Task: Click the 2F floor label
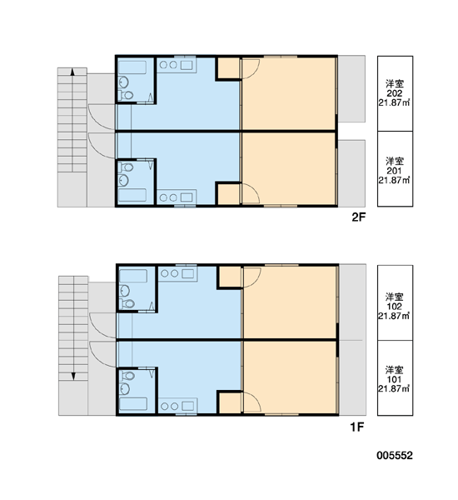point(358,217)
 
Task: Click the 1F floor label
point(357,427)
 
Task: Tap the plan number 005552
point(395,455)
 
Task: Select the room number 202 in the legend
point(395,93)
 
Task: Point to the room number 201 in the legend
point(395,171)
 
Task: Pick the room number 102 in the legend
point(395,307)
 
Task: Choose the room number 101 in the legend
point(395,379)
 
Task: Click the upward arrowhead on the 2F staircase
point(72,72)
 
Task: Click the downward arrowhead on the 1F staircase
point(73,377)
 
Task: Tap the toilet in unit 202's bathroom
point(127,95)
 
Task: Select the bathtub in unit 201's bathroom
point(132,195)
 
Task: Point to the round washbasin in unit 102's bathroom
point(125,291)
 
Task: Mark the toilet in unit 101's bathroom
point(127,376)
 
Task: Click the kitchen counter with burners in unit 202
point(177,65)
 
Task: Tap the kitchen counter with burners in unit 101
point(178,406)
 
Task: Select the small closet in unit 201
point(228,194)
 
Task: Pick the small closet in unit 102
point(230,277)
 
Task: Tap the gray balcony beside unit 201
point(351,173)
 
